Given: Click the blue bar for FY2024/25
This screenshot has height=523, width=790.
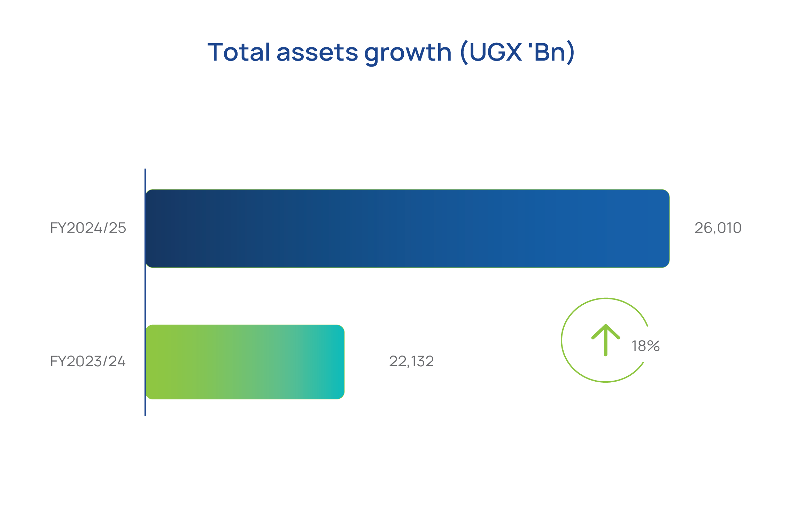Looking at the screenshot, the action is tap(407, 228).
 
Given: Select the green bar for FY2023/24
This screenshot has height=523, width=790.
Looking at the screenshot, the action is tap(245, 362).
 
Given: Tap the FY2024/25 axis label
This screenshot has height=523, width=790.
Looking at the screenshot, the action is tap(88, 228).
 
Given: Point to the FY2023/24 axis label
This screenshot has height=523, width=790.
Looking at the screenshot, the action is tap(88, 361).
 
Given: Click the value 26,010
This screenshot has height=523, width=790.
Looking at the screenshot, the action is tap(718, 228).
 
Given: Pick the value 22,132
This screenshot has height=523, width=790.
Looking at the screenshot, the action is tap(411, 361).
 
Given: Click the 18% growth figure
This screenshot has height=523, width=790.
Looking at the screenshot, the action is tap(646, 346).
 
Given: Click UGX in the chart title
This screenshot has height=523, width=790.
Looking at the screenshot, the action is tap(496, 52).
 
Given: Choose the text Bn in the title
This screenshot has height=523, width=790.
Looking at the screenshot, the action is tap(550, 52).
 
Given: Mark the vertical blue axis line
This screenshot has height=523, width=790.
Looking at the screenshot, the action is tap(145, 292).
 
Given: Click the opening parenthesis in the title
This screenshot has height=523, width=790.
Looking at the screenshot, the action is tap(464, 53).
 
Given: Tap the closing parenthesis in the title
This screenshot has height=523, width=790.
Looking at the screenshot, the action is tap(571, 53).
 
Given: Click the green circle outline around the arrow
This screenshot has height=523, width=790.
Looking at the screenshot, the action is tap(561, 340).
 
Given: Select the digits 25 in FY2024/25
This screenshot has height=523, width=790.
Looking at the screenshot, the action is tap(117, 228).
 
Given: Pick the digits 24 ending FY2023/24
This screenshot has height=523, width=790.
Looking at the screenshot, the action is tap(117, 361).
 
